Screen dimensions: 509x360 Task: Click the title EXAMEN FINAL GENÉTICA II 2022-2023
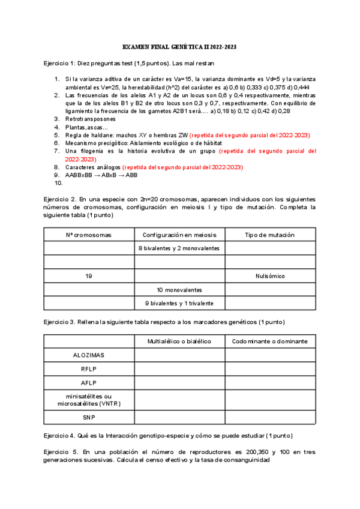[x=179, y=46]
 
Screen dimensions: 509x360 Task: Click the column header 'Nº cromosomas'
[x=88, y=234]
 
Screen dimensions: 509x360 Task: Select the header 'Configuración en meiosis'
[x=179, y=234]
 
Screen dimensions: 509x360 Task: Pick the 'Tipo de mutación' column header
[x=270, y=234]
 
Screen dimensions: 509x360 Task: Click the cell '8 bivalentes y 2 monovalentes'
[x=179, y=248]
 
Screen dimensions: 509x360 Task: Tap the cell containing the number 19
[x=88, y=276]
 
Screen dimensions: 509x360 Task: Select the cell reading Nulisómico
[x=270, y=276]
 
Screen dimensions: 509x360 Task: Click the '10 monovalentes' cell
[x=179, y=289]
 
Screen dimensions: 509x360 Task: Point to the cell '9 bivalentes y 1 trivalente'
[x=179, y=303]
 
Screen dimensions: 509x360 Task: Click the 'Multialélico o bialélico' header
[x=179, y=341]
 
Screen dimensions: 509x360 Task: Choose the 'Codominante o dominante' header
[x=270, y=341]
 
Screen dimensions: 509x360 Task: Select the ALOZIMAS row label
[x=88, y=355]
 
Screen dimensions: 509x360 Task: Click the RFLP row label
[x=88, y=369]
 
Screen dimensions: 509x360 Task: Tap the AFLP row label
[x=88, y=383]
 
